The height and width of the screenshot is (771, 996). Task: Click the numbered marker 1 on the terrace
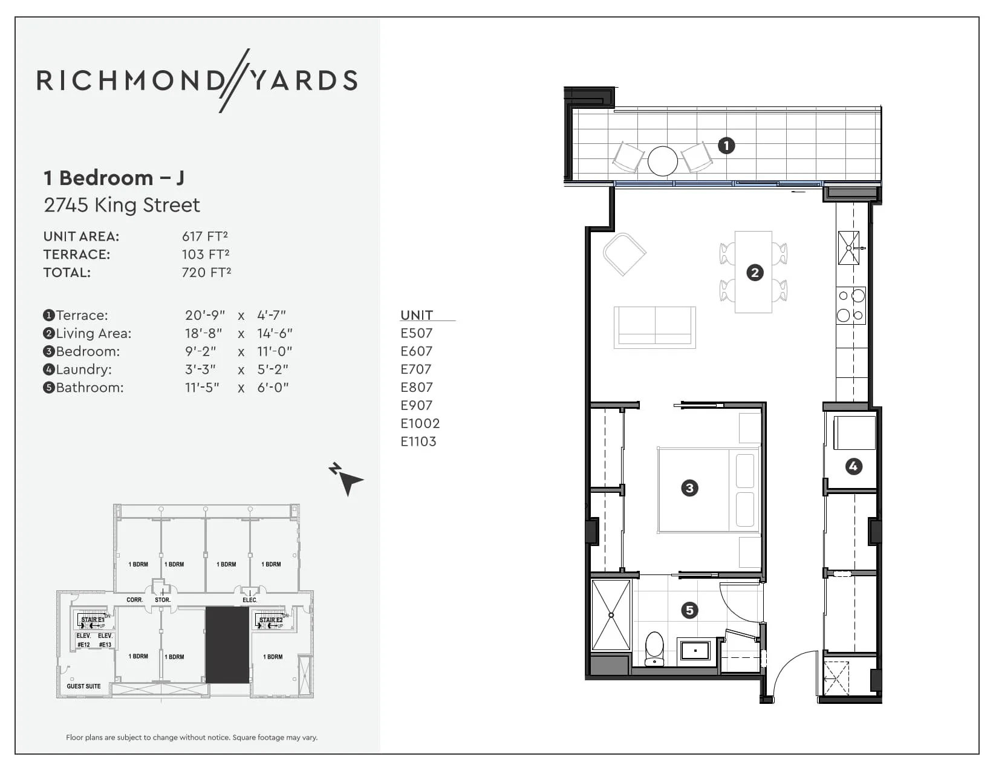(726, 145)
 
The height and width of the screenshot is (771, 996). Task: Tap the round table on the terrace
(662, 161)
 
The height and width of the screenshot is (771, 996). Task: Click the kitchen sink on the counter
(848, 248)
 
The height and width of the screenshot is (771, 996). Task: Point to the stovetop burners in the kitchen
(851, 305)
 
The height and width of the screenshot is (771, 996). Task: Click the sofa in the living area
(654, 327)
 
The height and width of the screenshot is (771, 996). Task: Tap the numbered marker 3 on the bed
(689, 488)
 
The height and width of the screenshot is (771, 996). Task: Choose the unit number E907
(417, 405)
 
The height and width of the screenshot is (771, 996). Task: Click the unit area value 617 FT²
(205, 236)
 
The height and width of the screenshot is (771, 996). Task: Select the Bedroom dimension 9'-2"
(200, 351)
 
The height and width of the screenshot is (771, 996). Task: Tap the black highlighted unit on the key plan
(227, 645)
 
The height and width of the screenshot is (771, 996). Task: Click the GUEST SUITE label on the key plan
(83, 686)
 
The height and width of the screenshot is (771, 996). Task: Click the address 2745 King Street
(122, 205)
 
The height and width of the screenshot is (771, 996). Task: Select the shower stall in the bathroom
(611, 615)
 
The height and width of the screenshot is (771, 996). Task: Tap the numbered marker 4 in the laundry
(853, 466)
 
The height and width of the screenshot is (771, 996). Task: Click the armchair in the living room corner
(624, 254)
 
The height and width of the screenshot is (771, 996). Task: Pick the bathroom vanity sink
(695, 651)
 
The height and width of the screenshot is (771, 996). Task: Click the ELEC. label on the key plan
(250, 600)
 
